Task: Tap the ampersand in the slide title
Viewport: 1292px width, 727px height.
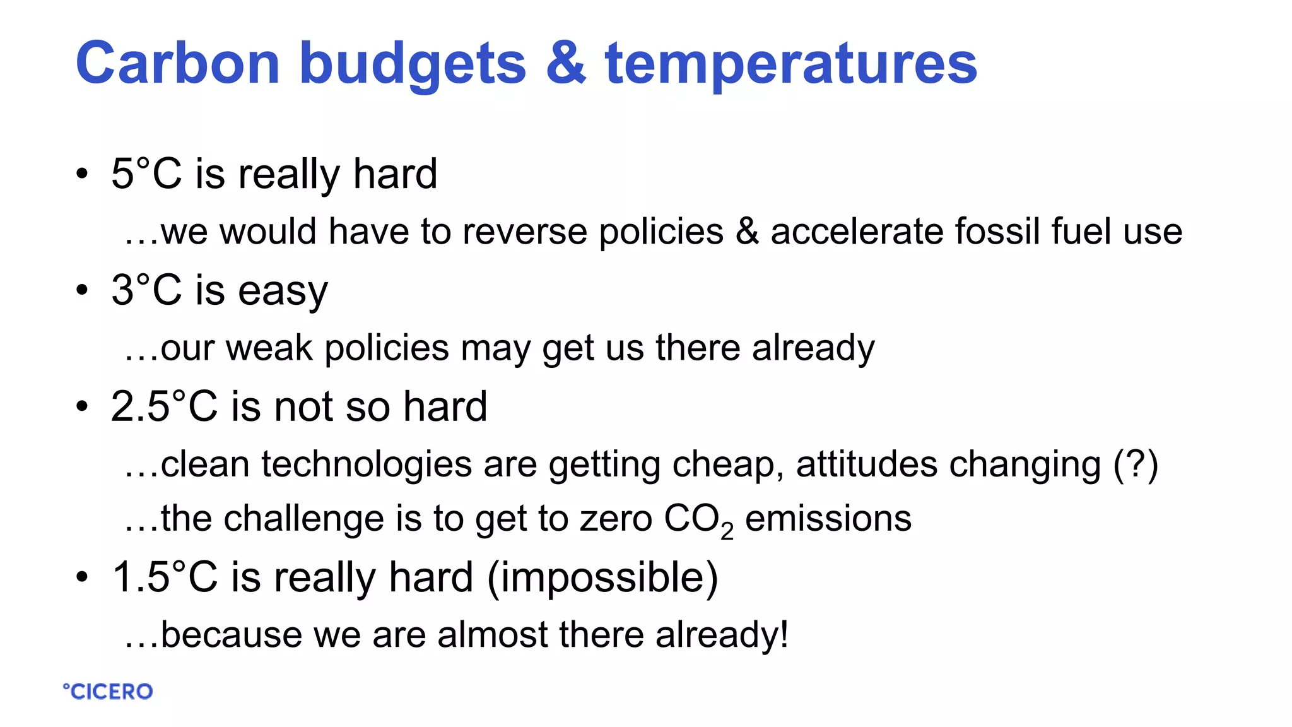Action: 566,63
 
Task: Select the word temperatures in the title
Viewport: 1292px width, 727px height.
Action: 791,63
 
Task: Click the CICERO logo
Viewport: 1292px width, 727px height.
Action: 108,692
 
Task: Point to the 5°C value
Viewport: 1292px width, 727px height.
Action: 146,174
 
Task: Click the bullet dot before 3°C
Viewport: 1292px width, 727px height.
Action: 82,290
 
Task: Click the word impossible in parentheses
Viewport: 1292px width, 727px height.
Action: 602,577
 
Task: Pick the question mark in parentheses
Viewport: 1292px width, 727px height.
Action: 1136,464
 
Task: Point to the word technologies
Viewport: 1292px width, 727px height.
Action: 367,464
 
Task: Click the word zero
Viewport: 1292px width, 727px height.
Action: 616,519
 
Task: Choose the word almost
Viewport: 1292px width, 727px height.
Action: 493,634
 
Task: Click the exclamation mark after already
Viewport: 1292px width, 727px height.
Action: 784,634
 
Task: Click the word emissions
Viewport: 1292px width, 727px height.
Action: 828,519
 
